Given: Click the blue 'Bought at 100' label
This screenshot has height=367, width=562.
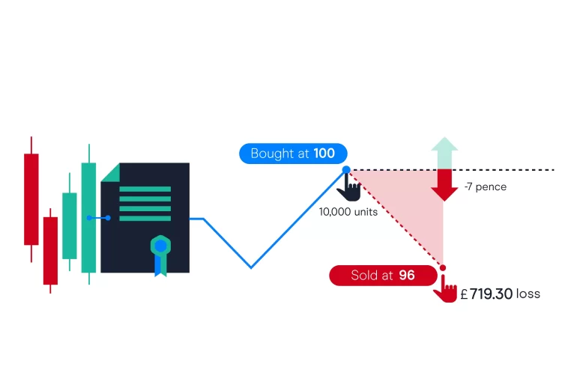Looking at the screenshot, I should click(293, 154).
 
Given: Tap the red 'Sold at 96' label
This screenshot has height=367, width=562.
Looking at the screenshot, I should click(383, 275).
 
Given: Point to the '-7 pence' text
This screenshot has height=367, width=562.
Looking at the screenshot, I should click(486, 186).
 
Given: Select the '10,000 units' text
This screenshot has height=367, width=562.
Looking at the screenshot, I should click(348, 211).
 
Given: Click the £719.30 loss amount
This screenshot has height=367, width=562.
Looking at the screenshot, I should click(486, 294).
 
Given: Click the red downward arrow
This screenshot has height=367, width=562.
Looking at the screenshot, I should click(444, 184).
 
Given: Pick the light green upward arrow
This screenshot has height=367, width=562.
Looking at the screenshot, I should click(444, 152).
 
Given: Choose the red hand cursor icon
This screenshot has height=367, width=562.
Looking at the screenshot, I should click(446, 289).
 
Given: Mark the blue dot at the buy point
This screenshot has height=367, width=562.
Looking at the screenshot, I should click(346, 170).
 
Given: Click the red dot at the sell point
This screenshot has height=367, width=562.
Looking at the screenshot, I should click(443, 267).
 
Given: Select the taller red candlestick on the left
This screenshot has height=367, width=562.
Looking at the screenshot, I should click(31, 198).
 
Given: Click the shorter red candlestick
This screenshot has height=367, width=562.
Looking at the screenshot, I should click(50, 250).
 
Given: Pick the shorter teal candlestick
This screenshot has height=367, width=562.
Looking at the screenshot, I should click(70, 225).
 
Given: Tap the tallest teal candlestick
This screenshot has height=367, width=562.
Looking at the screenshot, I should click(89, 217).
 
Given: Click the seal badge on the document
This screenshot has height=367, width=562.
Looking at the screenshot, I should click(160, 246).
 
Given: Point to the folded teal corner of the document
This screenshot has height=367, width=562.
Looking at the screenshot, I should click(109, 172).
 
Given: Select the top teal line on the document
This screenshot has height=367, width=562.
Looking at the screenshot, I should click(145, 189).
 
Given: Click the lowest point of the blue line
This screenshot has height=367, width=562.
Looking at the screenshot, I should click(251, 267).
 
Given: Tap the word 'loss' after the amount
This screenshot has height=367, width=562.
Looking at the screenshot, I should click(528, 294).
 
